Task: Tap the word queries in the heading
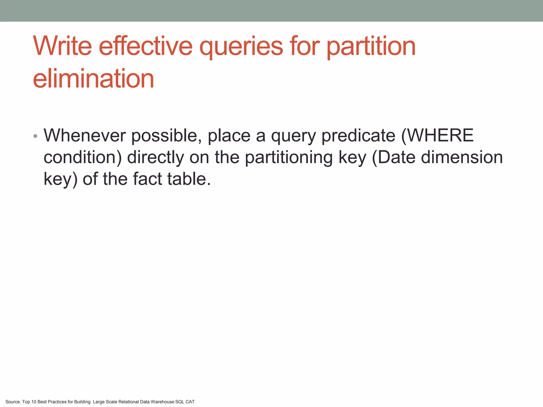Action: tap(241, 47)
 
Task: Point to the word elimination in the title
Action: tap(93, 79)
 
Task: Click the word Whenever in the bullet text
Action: tap(85, 136)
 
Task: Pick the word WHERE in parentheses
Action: tap(440, 136)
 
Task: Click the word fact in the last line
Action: tap(147, 179)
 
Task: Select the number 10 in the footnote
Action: tap(34, 402)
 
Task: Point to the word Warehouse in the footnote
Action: tap(162, 402)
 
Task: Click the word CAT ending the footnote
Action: tap(190, 402)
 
